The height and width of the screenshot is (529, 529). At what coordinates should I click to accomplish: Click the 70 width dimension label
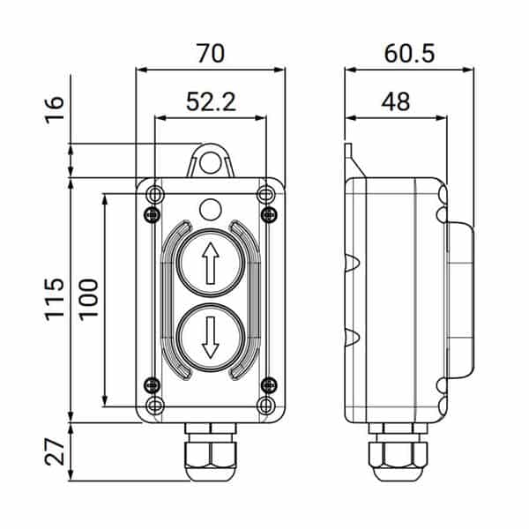[211, 53]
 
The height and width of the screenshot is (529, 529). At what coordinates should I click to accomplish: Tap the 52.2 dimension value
[211, 101]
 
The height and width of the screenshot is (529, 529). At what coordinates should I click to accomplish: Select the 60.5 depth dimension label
[409, 53]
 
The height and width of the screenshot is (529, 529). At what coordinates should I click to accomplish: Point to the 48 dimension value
[395, 101]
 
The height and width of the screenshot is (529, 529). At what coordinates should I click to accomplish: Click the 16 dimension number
[55, 110]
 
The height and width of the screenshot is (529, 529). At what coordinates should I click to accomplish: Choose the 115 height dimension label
[55, 299]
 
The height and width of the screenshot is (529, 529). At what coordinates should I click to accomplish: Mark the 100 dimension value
[88, 298]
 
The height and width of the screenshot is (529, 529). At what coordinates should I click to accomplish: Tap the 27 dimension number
[55, 452]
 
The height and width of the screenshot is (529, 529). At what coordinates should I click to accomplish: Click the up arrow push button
[210, 263]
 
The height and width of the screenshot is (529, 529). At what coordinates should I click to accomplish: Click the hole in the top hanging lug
[210, 162]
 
